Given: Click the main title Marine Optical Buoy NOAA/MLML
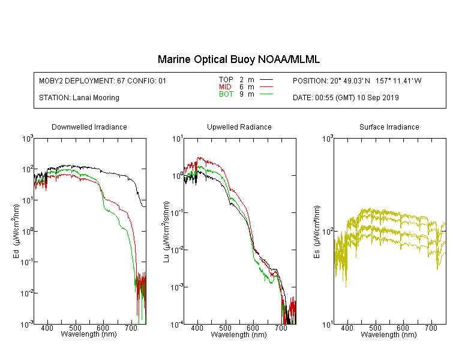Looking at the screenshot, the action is coord(239,59).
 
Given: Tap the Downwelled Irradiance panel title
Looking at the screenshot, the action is coord(89,127).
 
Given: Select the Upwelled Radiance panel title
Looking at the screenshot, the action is coord(239,127).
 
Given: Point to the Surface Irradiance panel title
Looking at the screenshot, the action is coord(389,127).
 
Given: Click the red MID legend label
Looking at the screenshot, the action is coord(225,86).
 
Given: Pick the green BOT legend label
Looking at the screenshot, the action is coord(226,94).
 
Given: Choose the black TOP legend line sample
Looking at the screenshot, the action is coord(266,80).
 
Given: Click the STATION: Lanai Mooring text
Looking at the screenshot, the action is coord(79,98).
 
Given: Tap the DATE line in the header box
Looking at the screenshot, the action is coord(346,98).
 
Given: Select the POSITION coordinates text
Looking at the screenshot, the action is coord(357,80).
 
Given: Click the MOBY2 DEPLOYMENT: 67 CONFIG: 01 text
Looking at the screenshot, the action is coord(103,80).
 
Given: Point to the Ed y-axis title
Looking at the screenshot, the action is coord(16,231).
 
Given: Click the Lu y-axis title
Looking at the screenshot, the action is coord(166,232).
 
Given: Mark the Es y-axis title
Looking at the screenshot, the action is coord(317,232).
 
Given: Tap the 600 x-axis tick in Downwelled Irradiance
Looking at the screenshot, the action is coord(103,328).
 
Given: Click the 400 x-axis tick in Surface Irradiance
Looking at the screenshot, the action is coord(347,328).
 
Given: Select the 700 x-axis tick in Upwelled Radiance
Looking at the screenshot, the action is coord(281,328).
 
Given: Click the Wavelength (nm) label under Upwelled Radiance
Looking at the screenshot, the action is coord(239,334).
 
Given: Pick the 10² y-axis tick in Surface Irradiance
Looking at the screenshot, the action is coord(327,231).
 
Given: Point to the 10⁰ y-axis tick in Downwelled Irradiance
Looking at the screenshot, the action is coord(27,231).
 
